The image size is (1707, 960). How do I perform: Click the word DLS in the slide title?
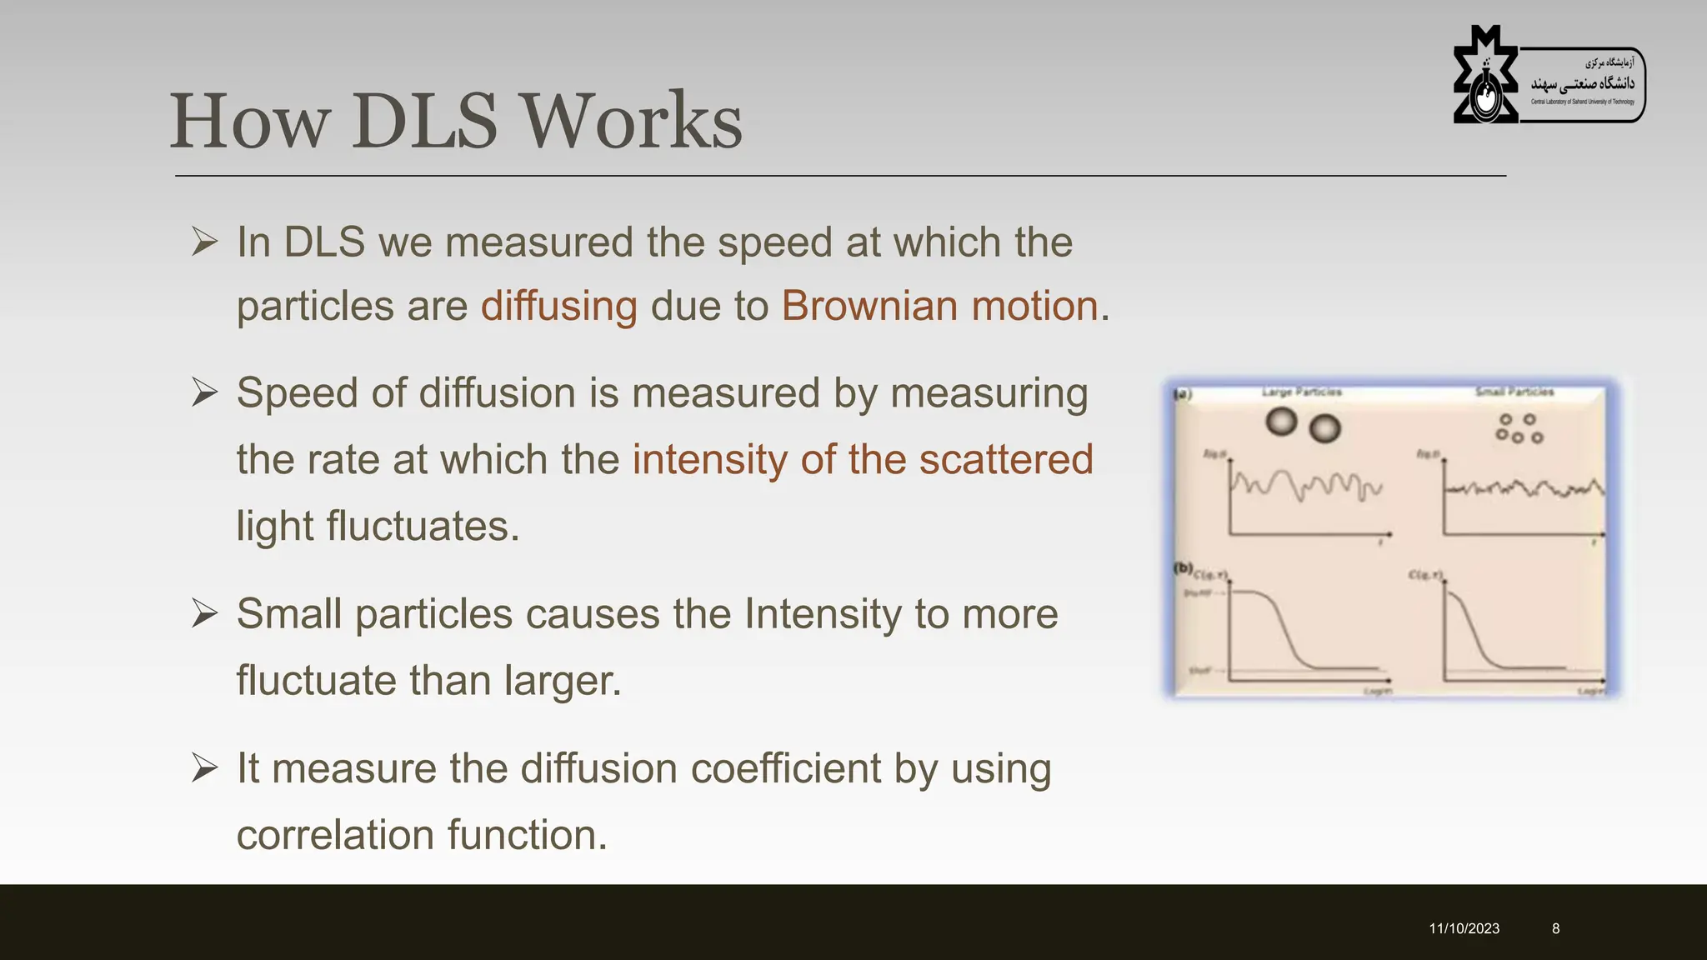click(424, 122)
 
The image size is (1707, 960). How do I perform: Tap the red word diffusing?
click(558, 306)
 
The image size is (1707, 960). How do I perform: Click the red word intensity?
click(709, 460)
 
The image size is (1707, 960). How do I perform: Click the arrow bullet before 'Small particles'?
click(204, 614)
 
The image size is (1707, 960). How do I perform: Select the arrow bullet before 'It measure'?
click(204, 768)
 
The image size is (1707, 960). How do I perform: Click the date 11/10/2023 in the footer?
click(1464, 928)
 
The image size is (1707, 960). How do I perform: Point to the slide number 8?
click(1555, 928)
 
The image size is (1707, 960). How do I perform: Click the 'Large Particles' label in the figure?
click(1301, 392)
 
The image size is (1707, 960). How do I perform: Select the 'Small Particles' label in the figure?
click(1514, 392)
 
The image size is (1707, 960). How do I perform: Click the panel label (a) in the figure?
click(1183, 394)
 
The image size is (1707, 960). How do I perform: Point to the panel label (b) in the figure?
click(1183, 568)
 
